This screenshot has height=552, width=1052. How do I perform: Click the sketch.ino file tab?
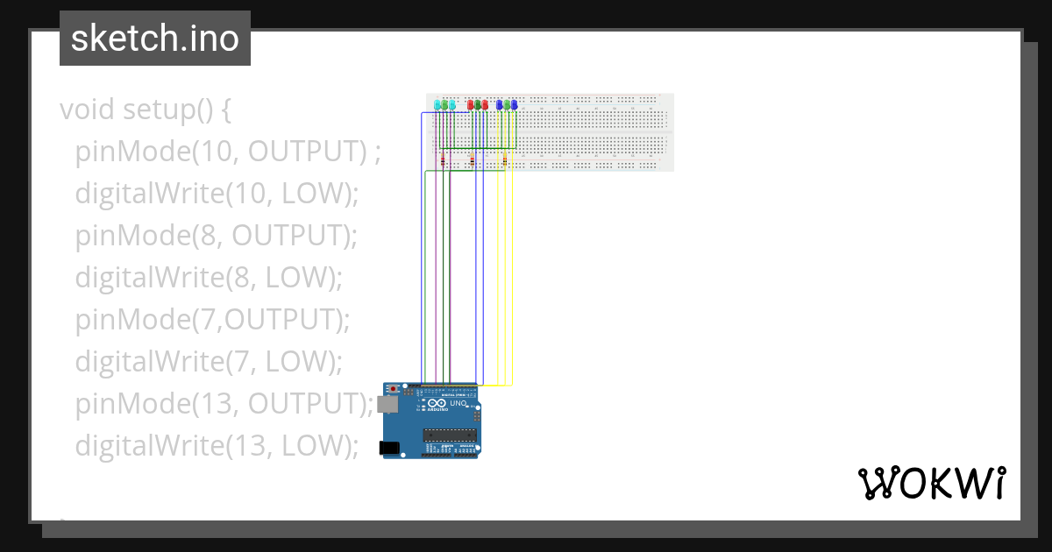tap(154, 39)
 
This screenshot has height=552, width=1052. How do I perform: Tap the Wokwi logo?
tap(931, 483)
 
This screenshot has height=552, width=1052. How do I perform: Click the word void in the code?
tap(88, 110)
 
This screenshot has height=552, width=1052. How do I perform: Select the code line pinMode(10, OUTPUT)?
tap(228, 152)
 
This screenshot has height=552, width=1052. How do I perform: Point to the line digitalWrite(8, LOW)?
tap(208, 278)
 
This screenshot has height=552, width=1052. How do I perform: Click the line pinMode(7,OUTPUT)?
tap(212, 320)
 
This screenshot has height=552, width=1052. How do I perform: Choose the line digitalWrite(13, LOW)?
tap(217, 446)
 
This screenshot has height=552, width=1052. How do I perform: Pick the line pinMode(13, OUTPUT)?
tap(224, 404)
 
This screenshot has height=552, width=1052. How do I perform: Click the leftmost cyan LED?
tap(437, 105)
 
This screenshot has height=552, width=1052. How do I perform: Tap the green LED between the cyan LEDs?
tap(444, 105)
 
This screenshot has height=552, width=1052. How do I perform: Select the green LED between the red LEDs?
tap(478, 105)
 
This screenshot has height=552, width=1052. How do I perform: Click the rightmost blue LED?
tap(514, 105)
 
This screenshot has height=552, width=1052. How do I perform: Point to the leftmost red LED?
tap(471, 105)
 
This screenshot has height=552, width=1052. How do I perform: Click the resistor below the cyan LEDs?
tap(444, 160)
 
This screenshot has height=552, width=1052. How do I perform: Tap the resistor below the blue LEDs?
tap(505, 160)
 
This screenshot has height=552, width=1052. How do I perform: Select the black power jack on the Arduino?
tap(388, 449)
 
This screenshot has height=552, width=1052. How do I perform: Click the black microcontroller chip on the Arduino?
tap(450, 435)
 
